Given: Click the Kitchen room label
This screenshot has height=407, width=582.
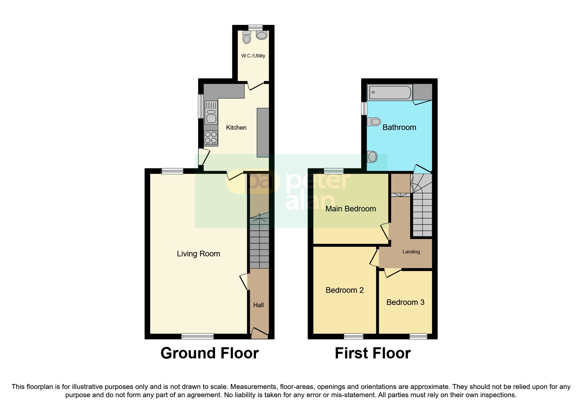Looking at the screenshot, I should point(236,128).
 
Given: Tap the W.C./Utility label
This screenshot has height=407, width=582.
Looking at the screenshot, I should point(253,56).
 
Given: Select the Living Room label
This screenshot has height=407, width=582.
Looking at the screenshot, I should point(198,254).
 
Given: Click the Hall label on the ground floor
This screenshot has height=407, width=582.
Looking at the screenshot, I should point(258,305).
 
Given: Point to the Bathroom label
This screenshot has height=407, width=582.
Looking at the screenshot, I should point(399,127).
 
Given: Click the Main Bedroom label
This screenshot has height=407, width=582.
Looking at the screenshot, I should point(350,209).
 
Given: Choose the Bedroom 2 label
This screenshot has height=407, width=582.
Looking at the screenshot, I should point(344,290).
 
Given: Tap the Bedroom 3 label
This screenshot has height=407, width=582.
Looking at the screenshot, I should point(405,302).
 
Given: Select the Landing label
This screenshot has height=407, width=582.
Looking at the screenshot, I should point(411,252).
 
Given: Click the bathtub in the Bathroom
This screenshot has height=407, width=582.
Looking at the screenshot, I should point(389,93).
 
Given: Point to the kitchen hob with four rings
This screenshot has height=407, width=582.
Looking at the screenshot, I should point(211,138).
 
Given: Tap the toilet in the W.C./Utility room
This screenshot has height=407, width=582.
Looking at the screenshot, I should point(246,38).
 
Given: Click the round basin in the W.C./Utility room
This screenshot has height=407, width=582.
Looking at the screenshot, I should point(262,35).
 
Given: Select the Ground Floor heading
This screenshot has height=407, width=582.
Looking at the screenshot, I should point(209,353).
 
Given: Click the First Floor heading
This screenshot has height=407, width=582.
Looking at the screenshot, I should point(372,353).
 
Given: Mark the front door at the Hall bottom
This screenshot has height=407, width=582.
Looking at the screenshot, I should point(259,333).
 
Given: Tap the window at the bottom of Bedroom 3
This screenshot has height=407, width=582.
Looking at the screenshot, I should point(418,336).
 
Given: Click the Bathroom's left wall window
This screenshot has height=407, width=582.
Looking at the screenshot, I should point(364,109).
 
